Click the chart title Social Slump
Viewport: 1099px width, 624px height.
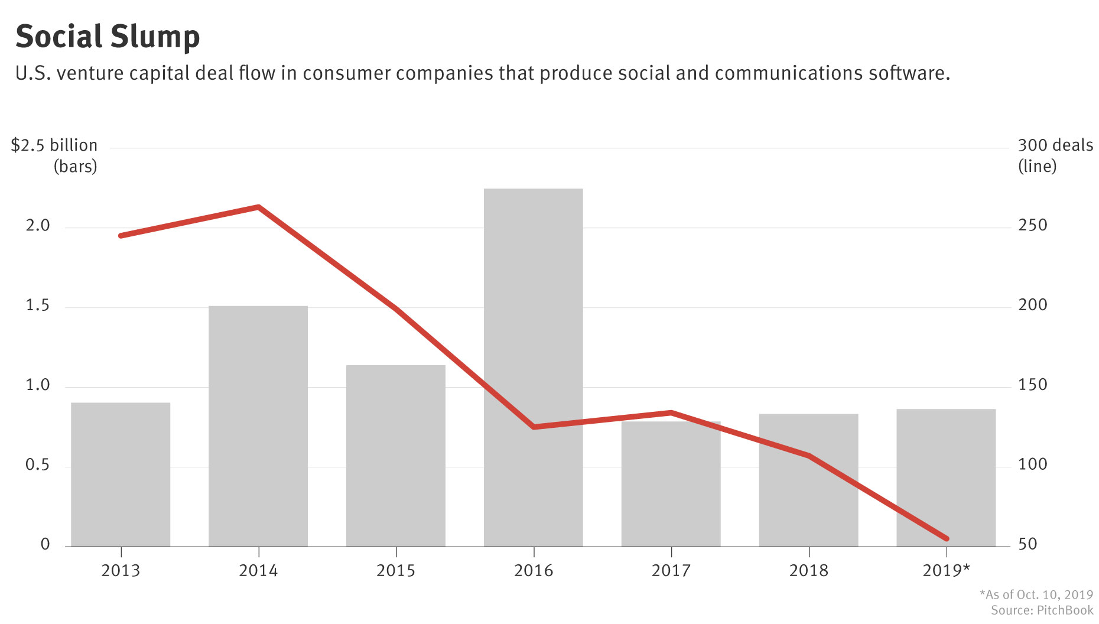[x=108, y=37]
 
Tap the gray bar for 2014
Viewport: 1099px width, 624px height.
[x=258, y=425]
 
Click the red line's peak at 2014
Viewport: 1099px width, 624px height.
[x=259, y=207]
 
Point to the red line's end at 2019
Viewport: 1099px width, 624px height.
[x=947, y=538]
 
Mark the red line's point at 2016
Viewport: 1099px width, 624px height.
[x=534, y=427]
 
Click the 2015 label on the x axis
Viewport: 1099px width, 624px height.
[x=396, y=571]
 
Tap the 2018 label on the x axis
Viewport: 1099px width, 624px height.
[x=808, y=571]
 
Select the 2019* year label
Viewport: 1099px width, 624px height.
[x=946, y=571]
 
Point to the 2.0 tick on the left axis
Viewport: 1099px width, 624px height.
[x=38, y=226]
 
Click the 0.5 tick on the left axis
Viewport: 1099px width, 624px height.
[x=38, y=465]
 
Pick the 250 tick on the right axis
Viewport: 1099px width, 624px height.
[x=1032, y=226]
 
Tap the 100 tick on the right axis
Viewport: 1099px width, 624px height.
[x=1032, y=465]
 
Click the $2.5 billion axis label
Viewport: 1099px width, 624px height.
[x=54, y=145]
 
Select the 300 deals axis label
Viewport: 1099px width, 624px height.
[x=1055, y=145]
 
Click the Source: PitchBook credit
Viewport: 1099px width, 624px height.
[x=1042, y=610]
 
